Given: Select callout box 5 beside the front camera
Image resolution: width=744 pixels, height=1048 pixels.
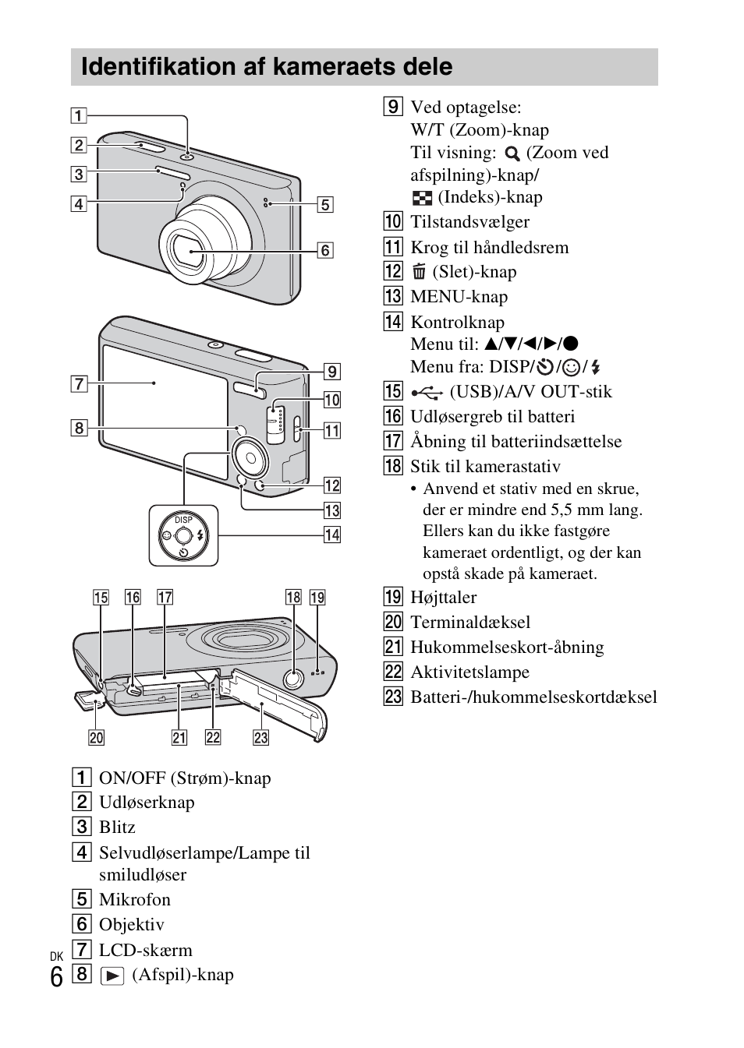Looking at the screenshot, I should [325, 205].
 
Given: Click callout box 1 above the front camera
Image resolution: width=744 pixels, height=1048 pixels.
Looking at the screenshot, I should [79, 116].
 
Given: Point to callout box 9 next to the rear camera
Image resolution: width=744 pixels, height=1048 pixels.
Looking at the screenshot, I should [332, 372].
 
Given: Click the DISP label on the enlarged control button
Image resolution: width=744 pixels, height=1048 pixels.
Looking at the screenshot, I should [183, 520].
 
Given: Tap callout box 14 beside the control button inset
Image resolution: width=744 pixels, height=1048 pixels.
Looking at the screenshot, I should [332, 535].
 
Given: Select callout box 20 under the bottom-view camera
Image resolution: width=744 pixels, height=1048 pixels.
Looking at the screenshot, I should [96, 737].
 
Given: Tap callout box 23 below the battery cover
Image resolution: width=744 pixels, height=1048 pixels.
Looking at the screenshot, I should [260, 737].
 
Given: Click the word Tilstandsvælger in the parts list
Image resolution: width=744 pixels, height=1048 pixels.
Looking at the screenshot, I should [469, 222].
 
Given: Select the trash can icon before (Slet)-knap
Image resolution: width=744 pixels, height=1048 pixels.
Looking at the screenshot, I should [419, 272].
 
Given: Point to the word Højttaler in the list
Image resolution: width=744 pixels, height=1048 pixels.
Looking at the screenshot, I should [443, 598].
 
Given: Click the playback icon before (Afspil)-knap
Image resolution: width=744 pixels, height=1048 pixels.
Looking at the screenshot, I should [112, 976].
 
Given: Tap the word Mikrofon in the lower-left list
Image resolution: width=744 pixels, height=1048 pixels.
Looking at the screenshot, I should [134, 900].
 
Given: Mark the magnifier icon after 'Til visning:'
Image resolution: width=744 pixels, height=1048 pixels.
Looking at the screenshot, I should [512, 153].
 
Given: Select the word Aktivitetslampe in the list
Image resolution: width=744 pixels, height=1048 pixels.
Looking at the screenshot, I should [469, 672].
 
